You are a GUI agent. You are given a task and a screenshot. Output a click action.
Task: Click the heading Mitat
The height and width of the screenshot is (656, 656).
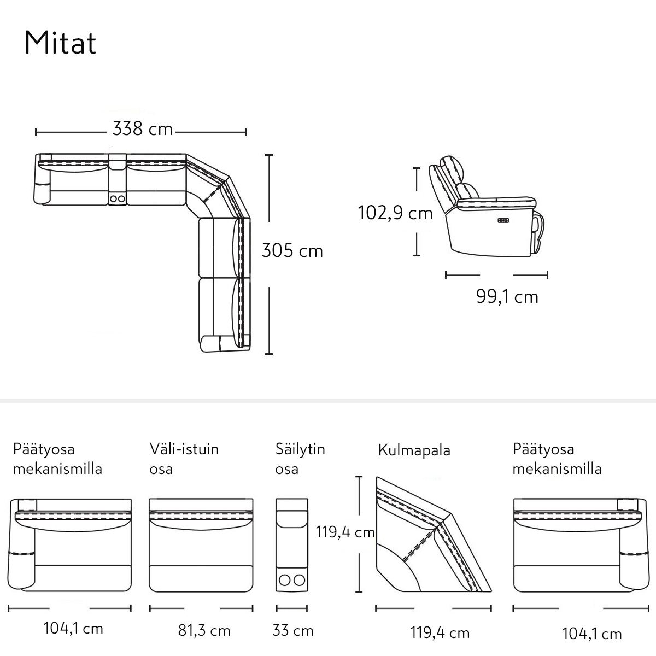(60, 43)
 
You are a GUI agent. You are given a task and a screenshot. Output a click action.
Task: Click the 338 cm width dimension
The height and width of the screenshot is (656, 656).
(142, 129)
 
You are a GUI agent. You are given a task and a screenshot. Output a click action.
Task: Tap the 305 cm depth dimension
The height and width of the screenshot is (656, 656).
(292, 251)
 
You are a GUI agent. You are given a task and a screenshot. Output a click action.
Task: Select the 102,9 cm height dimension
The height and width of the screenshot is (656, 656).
(395, 213)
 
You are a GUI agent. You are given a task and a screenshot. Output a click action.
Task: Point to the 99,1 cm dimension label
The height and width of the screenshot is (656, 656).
(507, 296)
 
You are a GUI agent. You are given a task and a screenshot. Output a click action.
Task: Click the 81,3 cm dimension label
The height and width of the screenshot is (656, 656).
(204, 630)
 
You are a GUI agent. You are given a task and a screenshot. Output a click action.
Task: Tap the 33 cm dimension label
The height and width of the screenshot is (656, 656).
(293, 630)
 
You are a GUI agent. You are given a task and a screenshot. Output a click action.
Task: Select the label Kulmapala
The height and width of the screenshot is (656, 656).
(414, 450)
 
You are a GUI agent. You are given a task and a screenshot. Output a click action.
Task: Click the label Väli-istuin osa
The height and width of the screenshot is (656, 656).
(184, 459)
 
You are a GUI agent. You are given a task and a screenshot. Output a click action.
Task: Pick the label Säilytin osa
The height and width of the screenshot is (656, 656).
(300, 459)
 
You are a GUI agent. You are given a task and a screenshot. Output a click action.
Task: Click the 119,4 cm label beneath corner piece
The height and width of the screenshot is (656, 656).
(440, 633)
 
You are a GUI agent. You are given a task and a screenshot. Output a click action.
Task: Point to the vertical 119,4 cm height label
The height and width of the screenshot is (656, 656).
(345, 532)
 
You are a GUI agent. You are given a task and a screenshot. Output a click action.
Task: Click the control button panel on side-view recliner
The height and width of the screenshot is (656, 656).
(503, 221)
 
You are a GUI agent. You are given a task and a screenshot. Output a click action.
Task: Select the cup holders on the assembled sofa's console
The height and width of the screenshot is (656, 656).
(118, 198)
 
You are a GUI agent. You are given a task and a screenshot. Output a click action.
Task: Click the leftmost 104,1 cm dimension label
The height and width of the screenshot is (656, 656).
(73, 629)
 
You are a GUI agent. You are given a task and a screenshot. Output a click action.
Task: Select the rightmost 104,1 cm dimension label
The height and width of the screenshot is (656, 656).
(591, 634)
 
